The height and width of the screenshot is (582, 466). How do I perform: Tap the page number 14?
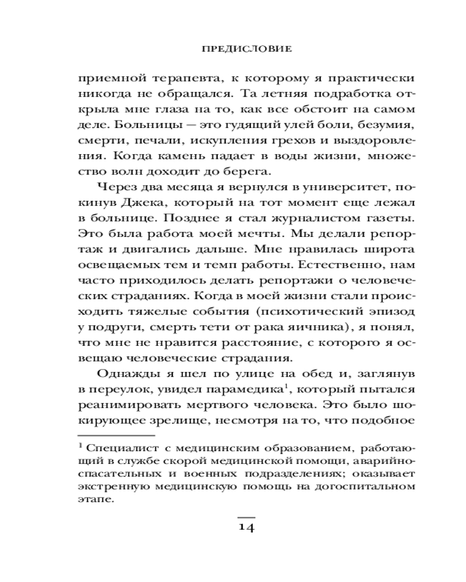tap(246, 527)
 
